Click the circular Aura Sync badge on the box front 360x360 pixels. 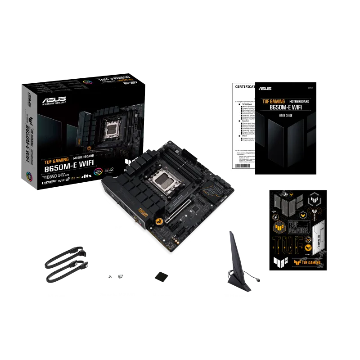click(97, 171)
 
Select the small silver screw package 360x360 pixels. click(117, 276)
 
